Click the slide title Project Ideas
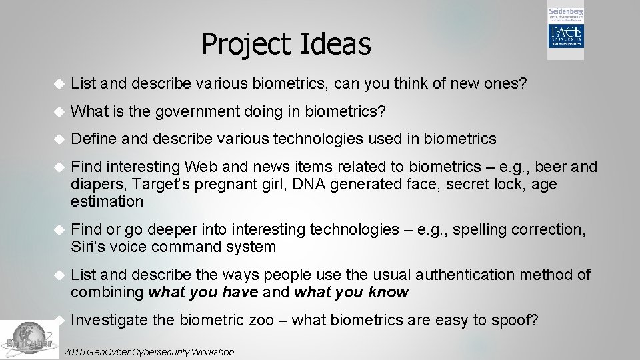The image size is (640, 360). point(286,45)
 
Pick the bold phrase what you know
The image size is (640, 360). point(351,292)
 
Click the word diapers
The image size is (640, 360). point(97,184)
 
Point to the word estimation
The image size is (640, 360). point(107,201)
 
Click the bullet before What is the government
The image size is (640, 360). point(58,111)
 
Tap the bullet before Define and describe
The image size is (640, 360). point(58,139)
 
